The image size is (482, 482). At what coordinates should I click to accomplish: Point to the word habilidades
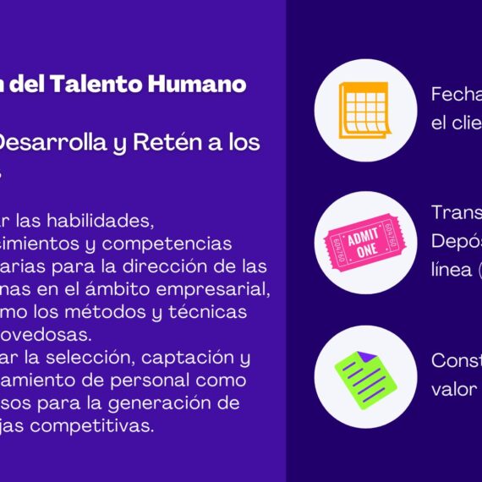(x=106, y=221)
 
